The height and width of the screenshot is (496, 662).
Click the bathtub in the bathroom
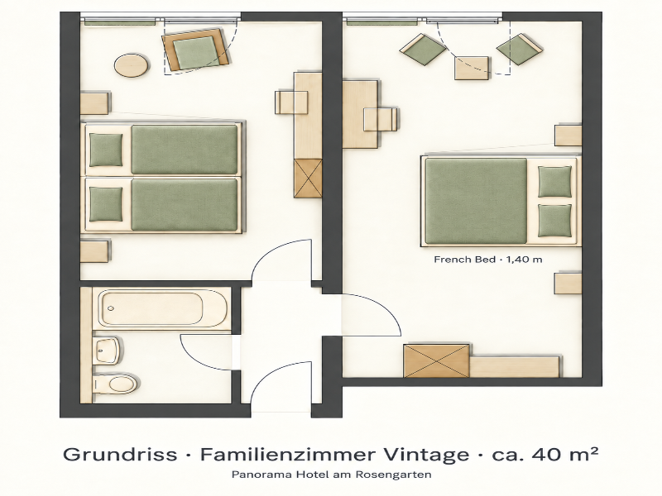point(162,308)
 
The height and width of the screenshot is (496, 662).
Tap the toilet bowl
point(116,383)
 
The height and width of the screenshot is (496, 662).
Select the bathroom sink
point(109,350)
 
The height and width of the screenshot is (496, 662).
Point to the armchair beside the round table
point(196,50)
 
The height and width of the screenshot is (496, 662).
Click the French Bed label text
point(487,260)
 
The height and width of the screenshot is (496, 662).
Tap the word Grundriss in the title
point(120,455)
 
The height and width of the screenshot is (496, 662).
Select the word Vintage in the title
point(426,455)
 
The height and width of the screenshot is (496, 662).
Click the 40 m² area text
point(565,454)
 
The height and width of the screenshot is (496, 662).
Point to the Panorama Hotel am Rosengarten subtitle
point(332,475)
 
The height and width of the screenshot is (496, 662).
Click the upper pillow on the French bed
point(554,181)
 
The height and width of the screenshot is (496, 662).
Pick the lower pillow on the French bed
point(554,221)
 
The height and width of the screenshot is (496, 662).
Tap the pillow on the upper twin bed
point(106,150)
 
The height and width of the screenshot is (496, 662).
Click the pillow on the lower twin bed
point(106,204)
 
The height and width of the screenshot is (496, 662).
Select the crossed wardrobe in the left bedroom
point(308,179)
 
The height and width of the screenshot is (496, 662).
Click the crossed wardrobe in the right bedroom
point(437,360)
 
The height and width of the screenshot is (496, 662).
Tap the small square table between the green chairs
point(472,68)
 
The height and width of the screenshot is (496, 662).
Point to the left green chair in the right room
point(423,50)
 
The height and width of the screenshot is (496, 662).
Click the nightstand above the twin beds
point(94,103)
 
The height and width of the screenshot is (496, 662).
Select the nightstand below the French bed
point(568,283)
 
